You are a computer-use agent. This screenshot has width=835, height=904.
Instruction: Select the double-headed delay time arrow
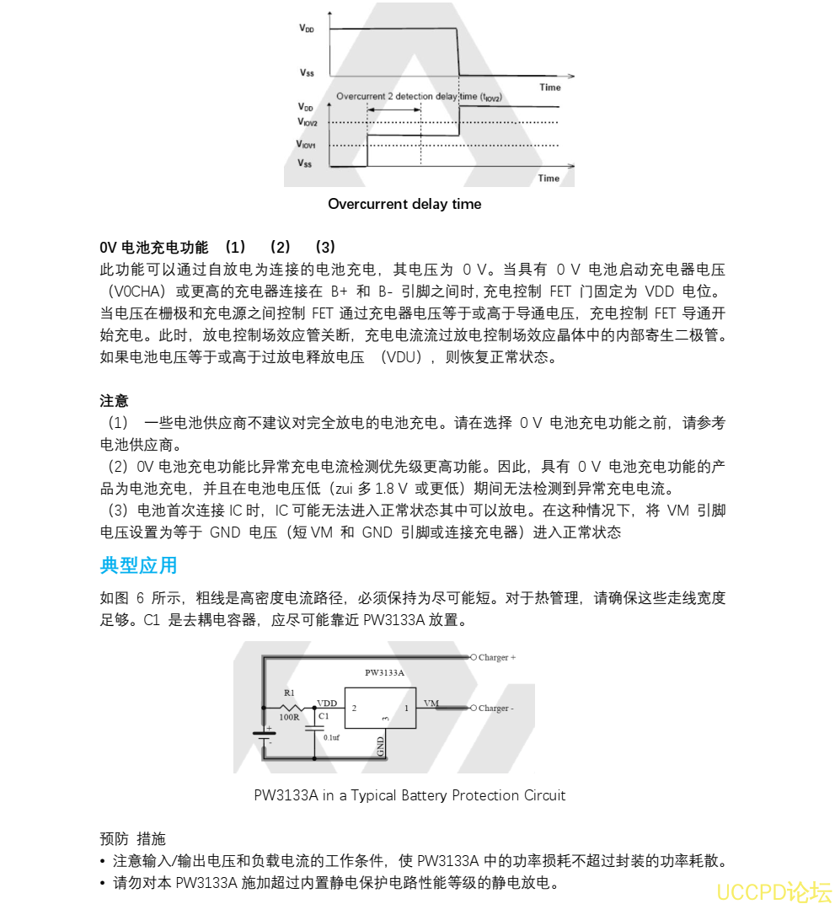point(393,112)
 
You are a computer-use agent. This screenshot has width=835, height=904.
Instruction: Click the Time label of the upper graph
point(549,87)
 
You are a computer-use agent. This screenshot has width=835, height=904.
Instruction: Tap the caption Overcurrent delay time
point(404,204)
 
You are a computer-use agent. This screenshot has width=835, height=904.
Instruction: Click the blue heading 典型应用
point(138,565)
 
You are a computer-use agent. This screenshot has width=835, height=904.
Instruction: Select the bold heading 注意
point(114,401)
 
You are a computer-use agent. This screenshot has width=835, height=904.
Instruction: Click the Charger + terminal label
point(496,657)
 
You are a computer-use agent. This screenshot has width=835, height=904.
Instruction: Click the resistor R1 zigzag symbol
point(291,706)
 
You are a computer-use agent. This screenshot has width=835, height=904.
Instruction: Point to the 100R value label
point(289,718)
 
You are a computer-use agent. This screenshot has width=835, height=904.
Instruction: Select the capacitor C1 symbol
point(316,724)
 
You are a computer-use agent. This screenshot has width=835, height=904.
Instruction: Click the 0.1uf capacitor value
point(331,737)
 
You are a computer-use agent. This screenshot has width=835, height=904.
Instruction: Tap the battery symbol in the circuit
point(265,735)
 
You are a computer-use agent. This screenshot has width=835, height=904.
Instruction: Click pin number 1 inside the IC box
point(405,709)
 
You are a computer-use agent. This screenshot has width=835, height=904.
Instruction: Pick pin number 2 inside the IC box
point(354,709)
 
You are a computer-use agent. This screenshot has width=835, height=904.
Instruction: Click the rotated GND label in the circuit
point(381,746)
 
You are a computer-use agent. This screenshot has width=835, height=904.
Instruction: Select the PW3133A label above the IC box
point(384,673)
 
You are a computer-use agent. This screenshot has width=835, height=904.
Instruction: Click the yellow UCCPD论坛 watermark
point(773,891)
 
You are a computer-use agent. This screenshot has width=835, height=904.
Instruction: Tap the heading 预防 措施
point(132,838)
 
